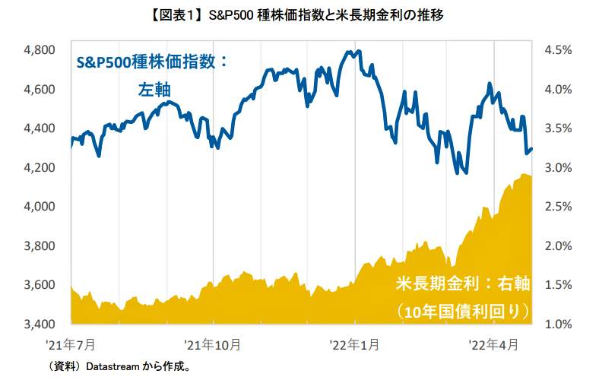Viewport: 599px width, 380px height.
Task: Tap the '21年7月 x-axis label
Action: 72,344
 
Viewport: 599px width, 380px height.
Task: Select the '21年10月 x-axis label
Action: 214,344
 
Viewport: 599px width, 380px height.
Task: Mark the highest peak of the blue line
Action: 350,52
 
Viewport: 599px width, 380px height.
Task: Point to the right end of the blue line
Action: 531,149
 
